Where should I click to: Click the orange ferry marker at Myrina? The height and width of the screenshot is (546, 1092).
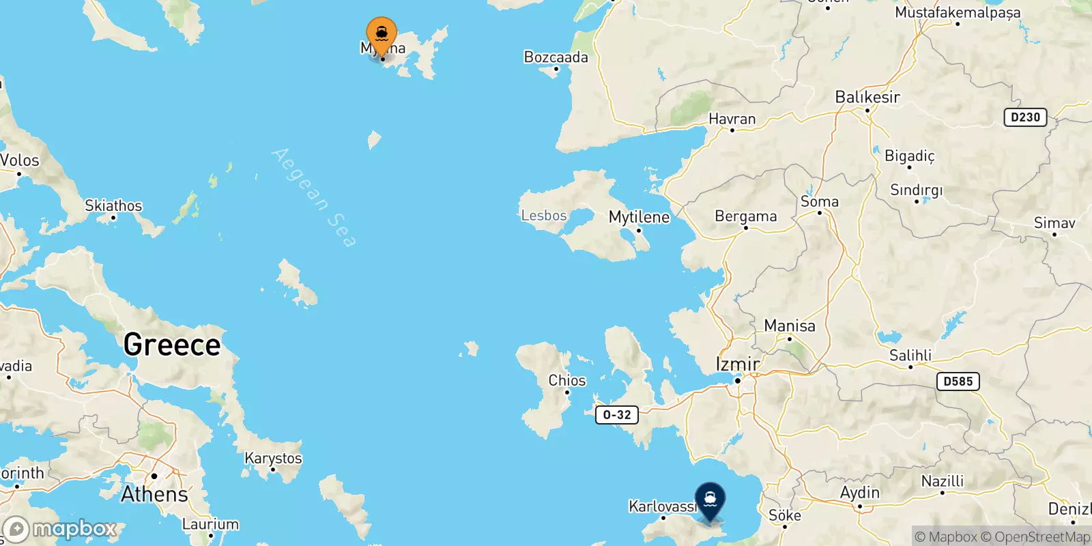pos(382,35)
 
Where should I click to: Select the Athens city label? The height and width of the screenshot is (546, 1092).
pos(154,494)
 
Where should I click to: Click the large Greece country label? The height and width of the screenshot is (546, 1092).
pos(172,345)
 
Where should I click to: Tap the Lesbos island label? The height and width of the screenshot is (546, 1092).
pos(543,216)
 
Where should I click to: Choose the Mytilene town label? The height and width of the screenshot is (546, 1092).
pos(639,217)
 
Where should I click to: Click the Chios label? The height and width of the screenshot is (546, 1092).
pos(567,380)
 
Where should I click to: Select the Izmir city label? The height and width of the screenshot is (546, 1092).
pos(737,364)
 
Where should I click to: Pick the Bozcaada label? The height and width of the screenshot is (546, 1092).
pos(556,57)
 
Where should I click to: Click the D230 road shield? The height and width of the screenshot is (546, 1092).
pos(1025,117)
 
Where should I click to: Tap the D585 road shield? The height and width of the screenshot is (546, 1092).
pos(958,382)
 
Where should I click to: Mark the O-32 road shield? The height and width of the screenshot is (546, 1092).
pos(617,415)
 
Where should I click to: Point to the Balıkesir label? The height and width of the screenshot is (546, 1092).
pos(867,97)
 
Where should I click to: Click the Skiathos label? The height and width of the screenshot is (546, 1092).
pos(113,205)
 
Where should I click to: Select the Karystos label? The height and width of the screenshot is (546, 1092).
pos(273,458)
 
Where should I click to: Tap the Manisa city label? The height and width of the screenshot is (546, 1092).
pos(789,326)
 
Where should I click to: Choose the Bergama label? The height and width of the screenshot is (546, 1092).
pos(745,216)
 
